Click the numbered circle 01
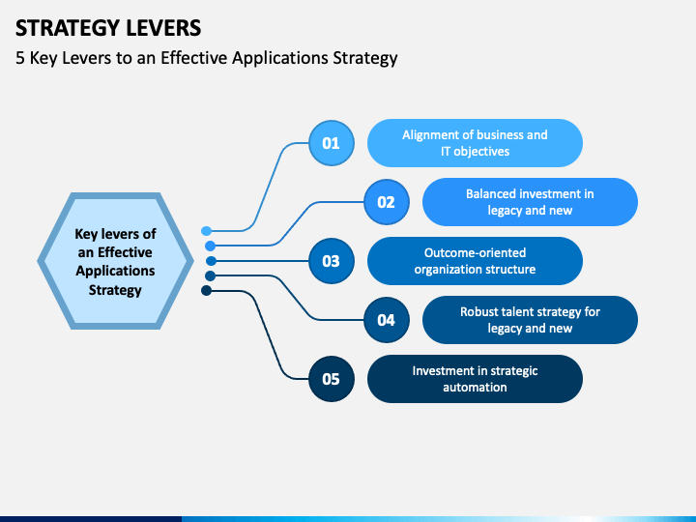pos(332,143)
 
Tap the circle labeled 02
pos(386,202)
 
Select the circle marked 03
pos(332,261)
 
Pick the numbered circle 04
pos(386,320)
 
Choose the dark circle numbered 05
pos(332,379)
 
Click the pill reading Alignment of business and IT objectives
pos(475,143)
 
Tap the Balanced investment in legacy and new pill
pos(530,202)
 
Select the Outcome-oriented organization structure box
pos(475,261)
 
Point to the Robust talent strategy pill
pos(530,320)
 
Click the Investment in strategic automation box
pos(475,379)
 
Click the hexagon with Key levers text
pos(115,261)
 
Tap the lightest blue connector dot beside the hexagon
pos(207,231)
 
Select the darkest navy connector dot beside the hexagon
pos(207,291)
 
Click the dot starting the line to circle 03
pos(212,261)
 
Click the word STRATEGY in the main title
pos(68,28)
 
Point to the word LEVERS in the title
pos(163,28)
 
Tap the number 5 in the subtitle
pos(20,58)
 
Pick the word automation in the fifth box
pos(475,387)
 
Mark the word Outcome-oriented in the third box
pos(475,252)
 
